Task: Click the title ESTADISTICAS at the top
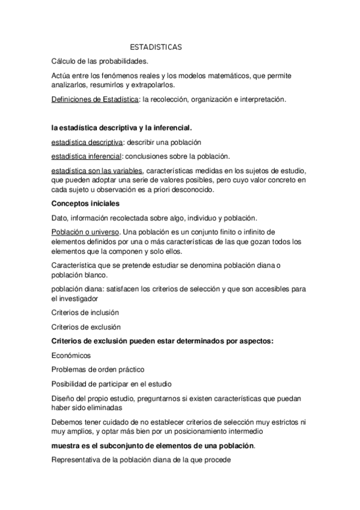(x=156, y=47)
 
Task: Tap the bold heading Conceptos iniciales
(x=85, y=203)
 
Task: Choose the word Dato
(x=61, y=218)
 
